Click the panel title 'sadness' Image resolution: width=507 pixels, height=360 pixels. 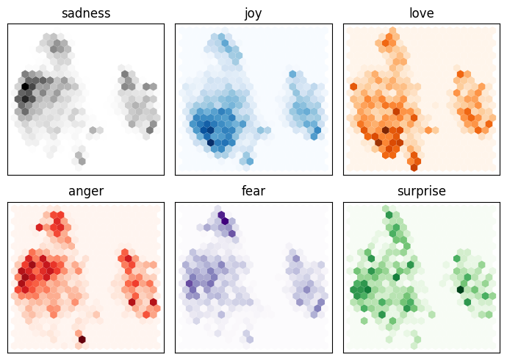point(86,13)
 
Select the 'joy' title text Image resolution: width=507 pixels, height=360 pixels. point(253,13)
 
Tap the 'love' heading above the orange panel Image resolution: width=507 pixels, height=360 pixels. point(421,13)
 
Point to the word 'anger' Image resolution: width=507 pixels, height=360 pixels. point(86,192)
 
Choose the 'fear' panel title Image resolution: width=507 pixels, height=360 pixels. point(253,192)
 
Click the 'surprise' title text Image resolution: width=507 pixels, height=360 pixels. point(421,192)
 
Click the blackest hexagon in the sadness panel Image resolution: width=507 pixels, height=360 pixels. point(25,87)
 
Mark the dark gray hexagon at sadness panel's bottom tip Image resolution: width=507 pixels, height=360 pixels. point(82,161)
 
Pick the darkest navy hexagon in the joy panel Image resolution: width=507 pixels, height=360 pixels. point(211,142)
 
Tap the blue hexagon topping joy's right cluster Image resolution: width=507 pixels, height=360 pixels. point(292,74)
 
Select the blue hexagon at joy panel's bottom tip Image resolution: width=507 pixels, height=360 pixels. point(249,160)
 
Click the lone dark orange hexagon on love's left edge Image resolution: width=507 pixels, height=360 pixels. point(353,87)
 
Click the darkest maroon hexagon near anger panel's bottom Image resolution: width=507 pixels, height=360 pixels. point(82,339)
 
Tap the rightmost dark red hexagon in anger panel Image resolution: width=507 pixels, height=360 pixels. point(154,302)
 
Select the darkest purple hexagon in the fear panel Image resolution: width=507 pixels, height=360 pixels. point(224,220)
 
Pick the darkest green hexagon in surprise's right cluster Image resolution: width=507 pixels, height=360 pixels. point(460,289)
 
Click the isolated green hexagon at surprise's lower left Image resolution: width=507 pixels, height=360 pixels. point(364,320)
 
